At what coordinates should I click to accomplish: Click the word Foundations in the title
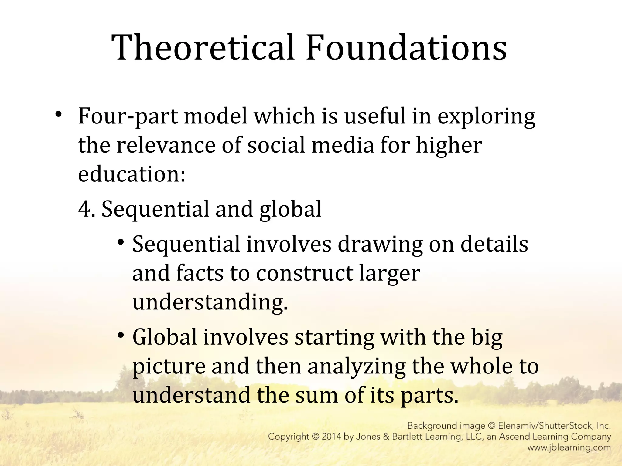pyautogui.click(x=406, y=48)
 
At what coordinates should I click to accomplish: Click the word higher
pyautogui.click(x=449, y=145)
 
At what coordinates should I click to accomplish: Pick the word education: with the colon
pyautogui.click(x=132, y=174)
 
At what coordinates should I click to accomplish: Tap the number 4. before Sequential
pyautogui.click(x=87, y=209)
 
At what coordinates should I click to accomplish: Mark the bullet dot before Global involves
pyautogui.click(x=121, y=335)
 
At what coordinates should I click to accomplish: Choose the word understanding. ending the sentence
pyautogui.click(x=210, y=302)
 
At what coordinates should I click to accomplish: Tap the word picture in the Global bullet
pyautogui.click(x=169, y=366)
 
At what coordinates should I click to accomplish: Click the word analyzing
pyautogui.click(x=356, y=366)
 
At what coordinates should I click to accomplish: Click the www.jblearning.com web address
pyautogui.click(x=569, y=447)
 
